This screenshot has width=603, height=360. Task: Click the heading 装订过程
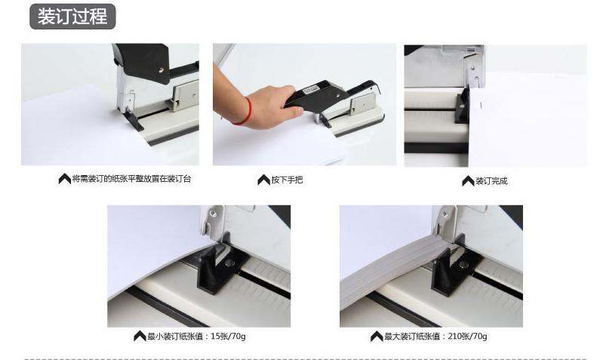point(72,17)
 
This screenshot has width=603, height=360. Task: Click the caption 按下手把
point(287,180)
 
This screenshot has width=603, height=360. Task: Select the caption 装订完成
point(491,181)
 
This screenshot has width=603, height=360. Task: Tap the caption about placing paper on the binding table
point(131,178)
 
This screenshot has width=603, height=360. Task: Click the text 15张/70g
point(228,336)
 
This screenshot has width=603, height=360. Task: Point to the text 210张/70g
point(467,336)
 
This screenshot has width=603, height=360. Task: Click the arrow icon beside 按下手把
point(264,180)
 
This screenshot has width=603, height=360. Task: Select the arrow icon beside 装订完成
point(468,181)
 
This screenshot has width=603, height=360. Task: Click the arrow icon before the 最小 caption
point(140,336)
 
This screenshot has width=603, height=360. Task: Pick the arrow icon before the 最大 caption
point(377,336)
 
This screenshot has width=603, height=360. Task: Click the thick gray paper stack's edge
point(396,269)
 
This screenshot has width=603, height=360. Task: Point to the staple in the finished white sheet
point(481,105)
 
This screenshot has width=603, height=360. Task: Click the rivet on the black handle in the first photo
point(162,70)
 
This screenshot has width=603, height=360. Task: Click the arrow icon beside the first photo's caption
point(65,178)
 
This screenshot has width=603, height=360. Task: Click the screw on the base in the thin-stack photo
point(229,263)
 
